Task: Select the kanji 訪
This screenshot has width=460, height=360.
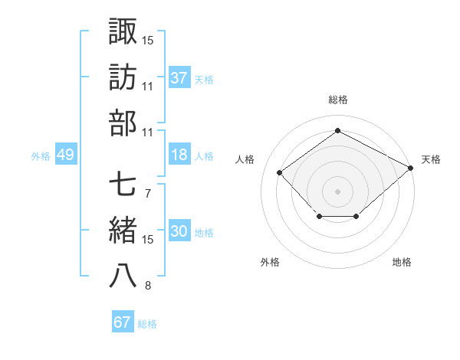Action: tap(123, 77)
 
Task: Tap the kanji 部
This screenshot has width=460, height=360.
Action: tap(123, 123)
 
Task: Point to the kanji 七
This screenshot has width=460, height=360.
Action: tap(123, 183)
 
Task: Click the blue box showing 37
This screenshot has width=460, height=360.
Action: tap(179, 78)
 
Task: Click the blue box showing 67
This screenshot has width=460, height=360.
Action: tap(123, 322)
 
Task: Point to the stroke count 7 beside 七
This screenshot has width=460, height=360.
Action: tap(147, 192)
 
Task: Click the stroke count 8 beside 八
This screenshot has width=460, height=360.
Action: tap(147, 286)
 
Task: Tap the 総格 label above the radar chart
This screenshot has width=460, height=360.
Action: tap(338, 100)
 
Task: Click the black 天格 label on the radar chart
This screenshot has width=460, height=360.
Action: tap(432, 159)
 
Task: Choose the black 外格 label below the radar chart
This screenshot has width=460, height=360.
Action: tap(270, 262)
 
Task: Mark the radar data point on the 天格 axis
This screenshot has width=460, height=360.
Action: tap(412, 168)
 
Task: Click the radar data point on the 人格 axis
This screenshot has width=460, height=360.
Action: tap(280, 172)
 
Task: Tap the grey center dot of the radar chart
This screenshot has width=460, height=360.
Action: tap(337, 191)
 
